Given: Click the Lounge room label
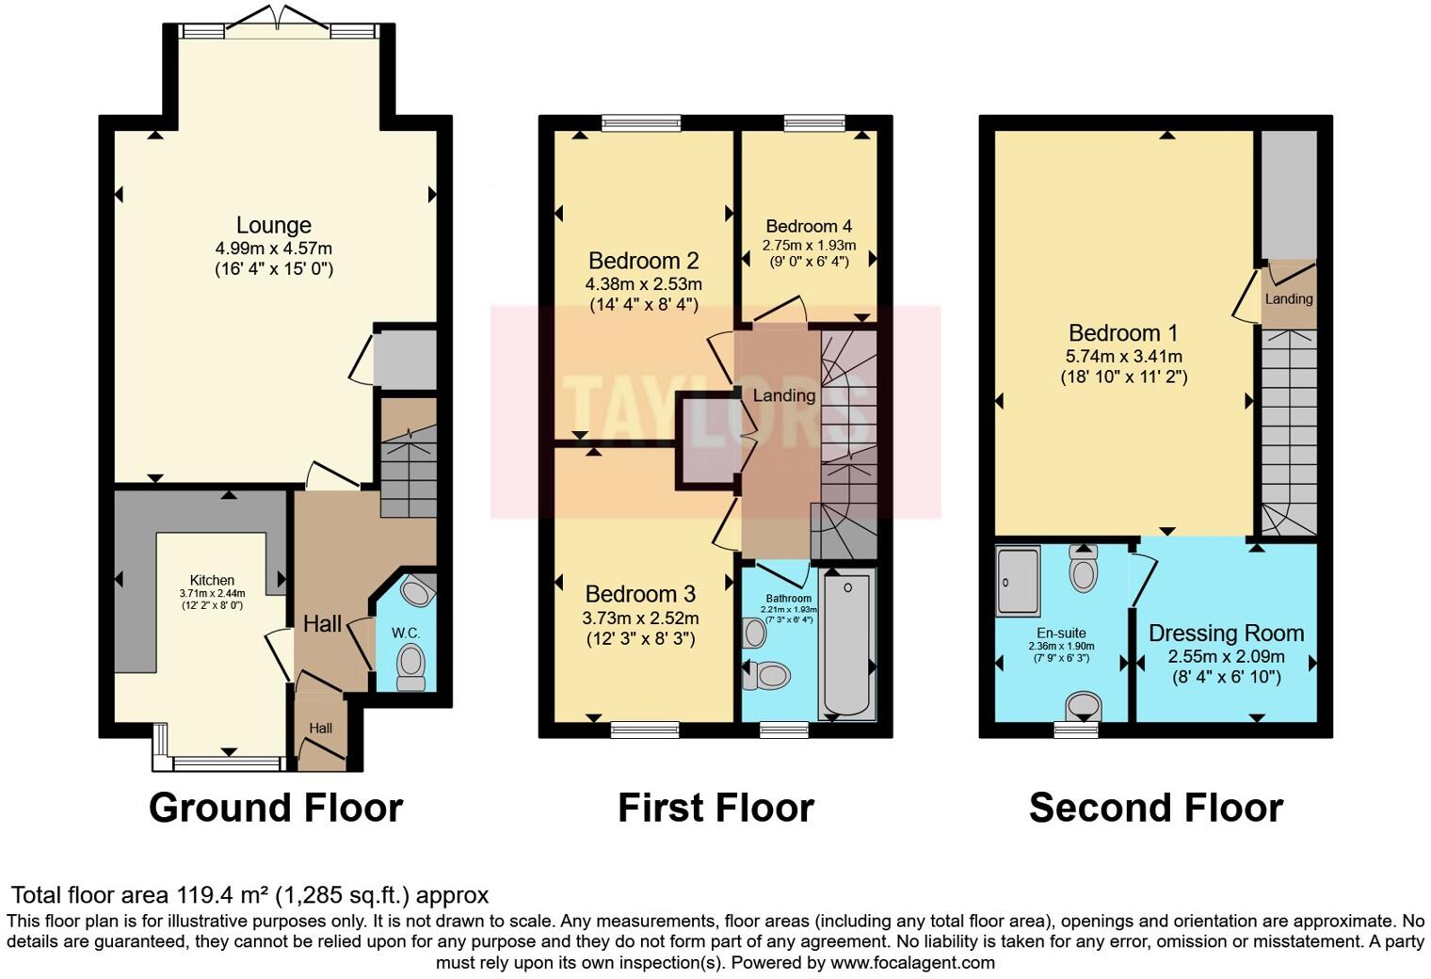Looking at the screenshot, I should coord(273,226).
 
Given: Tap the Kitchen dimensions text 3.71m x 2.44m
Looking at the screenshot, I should coord(212,594).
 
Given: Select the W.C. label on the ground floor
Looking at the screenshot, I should coord(406,633).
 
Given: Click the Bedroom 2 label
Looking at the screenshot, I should coord(643,261).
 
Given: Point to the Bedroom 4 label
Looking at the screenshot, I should coord(809,226).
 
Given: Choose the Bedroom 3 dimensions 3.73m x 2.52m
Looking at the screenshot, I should coord(640,618).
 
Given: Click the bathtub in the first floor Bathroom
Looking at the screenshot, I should coord(849,645).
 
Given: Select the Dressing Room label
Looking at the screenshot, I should coord(1226,634).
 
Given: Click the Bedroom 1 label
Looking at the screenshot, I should coord(1122,333).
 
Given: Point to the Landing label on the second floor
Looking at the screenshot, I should coord(1288,299).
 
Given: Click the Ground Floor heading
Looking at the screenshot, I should coord(276,808).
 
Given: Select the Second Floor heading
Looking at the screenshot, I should coord(1155,808).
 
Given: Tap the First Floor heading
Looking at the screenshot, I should coord(715,808).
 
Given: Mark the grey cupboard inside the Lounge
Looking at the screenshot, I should coord(405,360).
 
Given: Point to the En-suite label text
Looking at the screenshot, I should coord(1061,634).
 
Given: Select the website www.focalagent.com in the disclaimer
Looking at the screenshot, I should coord(912,963).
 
